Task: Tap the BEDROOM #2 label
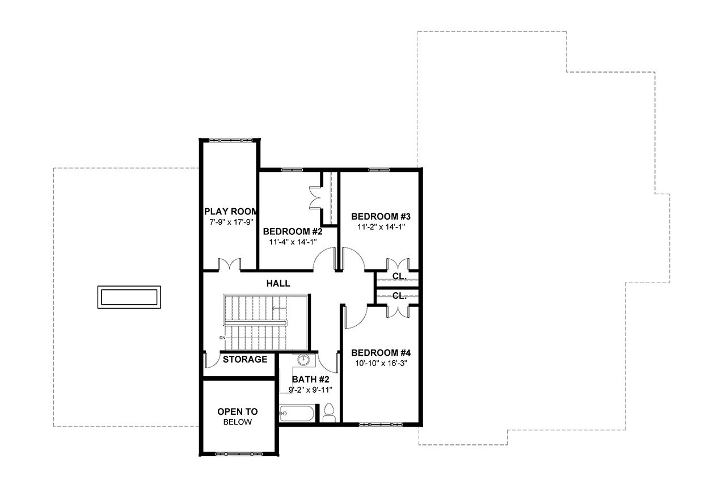coord(293,232)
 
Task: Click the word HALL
coord(278,283)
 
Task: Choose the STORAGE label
coord(244,359)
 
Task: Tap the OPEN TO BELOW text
coord(238,416)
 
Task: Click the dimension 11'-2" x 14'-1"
coord(381,226)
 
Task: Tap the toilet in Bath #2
coord(328,414)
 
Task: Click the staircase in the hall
coord(265,322)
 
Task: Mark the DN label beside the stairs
coord(222,338)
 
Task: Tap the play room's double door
coord(230,265)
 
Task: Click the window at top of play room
coord(229,140)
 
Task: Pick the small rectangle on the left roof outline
coord(128,297)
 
